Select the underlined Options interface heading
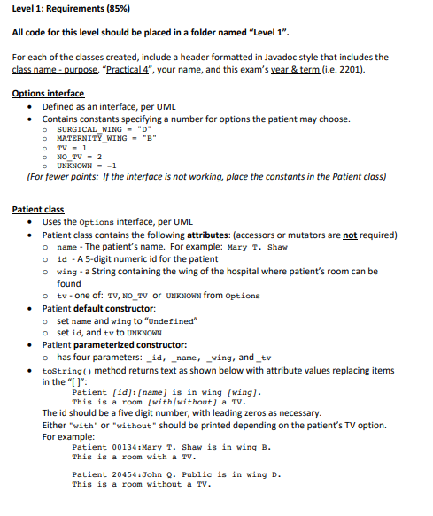[x=49, y=93]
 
